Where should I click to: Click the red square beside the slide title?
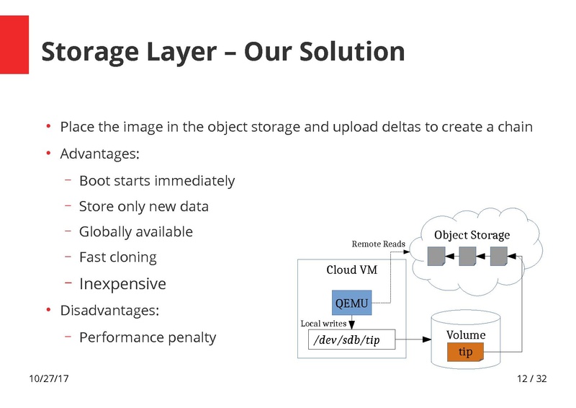tap(14, 45)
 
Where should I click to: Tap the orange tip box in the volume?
tap(465, 352)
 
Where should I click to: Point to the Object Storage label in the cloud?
tap(472, 235)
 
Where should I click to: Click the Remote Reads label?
tap(378, 244)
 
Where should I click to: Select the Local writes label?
tap(323, 324)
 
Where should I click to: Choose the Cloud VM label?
tap(352, 270)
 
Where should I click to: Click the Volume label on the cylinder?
tap(466, 334)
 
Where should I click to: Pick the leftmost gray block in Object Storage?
tap(436, 257)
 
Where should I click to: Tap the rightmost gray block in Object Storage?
tap(499, 257)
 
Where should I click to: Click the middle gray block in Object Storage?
tap(467, 257)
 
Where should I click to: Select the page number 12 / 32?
tap(532, 378)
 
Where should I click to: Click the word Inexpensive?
tap(122, 284)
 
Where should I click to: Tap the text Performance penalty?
tap(148, 337)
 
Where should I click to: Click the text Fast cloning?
tap(117, 257)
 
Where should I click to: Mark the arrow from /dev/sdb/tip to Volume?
tap(413, 340)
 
